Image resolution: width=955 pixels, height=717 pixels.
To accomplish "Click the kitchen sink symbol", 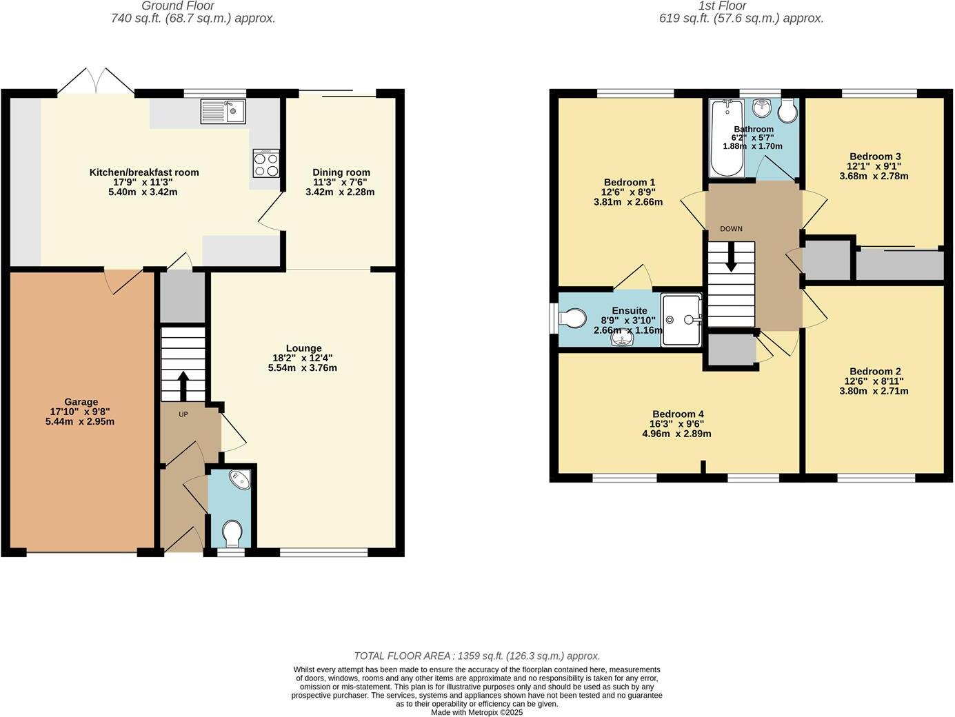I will click(223, 112).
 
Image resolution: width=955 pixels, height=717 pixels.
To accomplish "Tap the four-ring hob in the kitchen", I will click(266, 164).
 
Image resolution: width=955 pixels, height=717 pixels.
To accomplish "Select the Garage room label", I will click(81, 402).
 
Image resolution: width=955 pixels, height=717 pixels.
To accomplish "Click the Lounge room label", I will click(303, 348).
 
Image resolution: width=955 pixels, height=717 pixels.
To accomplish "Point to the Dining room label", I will click(341, 172).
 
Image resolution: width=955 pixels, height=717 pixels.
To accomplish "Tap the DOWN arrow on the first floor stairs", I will click(731, 259).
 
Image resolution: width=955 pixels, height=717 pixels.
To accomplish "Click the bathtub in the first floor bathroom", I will click(727, 138).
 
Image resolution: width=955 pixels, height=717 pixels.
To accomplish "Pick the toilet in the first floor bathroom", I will click(787, 111).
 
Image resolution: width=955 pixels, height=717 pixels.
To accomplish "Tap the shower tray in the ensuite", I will click(681, 320).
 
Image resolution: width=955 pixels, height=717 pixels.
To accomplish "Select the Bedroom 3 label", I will click(874, 156).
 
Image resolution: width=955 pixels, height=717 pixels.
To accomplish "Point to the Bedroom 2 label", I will click(874, 371).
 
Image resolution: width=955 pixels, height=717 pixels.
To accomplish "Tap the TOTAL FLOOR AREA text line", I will click(476, 656).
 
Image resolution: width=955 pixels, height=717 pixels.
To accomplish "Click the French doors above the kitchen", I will click(96, 81).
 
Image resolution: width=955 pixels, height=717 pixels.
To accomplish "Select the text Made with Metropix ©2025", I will click(476, 712).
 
